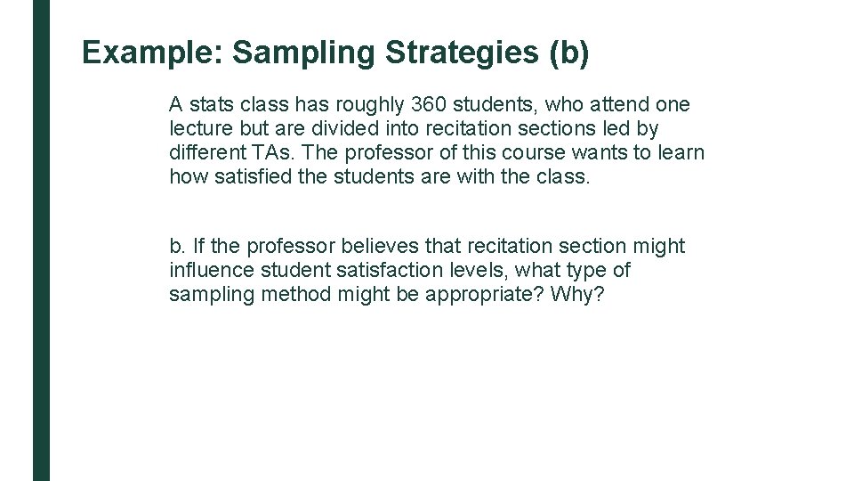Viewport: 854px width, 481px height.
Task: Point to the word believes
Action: [x=384, y=246]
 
